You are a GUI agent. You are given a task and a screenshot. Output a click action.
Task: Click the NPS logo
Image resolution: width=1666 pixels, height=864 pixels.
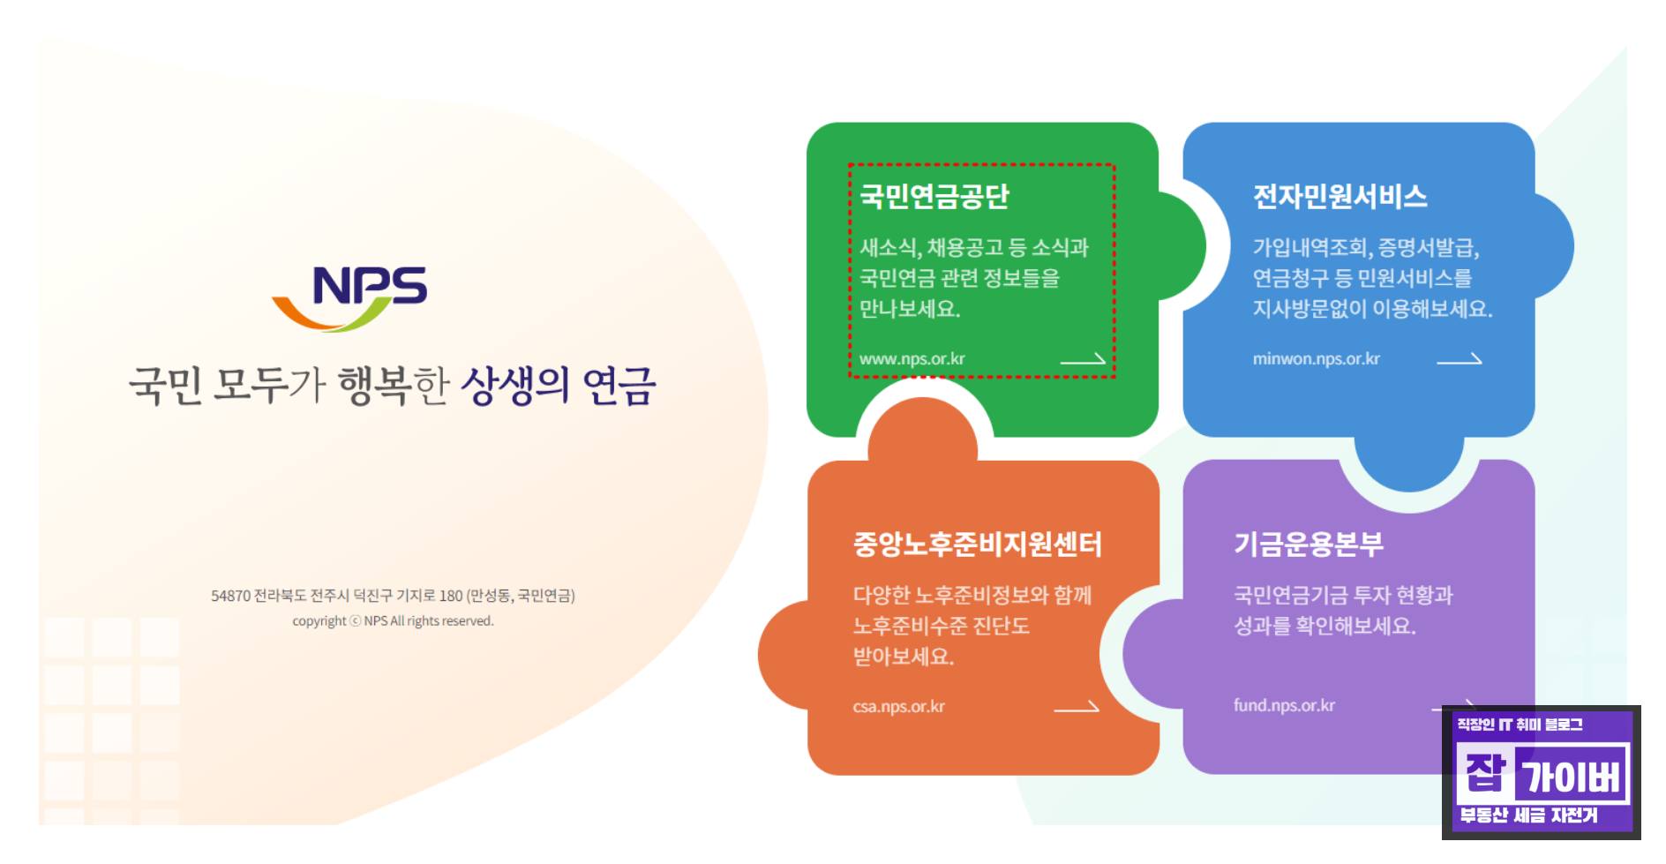[350, 298]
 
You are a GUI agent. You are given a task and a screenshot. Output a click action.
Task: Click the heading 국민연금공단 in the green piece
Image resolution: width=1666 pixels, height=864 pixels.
[934, 196]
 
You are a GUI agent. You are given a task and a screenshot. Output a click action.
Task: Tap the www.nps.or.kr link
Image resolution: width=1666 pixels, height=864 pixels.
[912, 359]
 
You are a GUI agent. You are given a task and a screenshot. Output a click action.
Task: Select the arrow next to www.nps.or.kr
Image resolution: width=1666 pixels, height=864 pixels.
[1083, 359]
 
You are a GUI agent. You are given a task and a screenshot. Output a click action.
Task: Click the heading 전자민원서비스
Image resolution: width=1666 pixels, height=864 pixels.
[1340, 196]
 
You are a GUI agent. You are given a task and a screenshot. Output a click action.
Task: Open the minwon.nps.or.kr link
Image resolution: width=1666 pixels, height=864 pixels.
[1316, 359]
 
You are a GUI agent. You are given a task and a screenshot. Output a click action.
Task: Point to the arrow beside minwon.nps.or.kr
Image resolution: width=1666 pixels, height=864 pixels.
[1460, 359]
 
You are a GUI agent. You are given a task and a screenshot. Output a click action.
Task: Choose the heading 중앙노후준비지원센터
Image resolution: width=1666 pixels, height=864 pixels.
[978, 544]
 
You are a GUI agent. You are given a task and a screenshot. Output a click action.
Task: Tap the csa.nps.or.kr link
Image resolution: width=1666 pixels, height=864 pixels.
[898, 707]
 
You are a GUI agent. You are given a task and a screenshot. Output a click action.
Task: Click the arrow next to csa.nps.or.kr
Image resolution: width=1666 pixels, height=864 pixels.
[1077, 707]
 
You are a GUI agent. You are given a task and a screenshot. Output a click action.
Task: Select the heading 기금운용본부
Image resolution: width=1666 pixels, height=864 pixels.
[1309, 544]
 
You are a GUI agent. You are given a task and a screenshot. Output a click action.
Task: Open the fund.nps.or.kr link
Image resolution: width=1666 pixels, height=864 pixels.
[1284, 706]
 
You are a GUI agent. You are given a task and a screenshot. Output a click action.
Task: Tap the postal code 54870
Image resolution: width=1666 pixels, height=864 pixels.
[230, 597]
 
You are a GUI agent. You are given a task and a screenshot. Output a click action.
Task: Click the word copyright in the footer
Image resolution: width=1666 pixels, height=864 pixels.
[319, 621]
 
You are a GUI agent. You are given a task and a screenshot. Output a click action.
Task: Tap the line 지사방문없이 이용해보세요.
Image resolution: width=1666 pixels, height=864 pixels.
[1372, 309]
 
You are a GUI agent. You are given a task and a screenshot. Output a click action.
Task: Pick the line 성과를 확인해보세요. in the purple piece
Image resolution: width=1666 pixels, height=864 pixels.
[1325, 626]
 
